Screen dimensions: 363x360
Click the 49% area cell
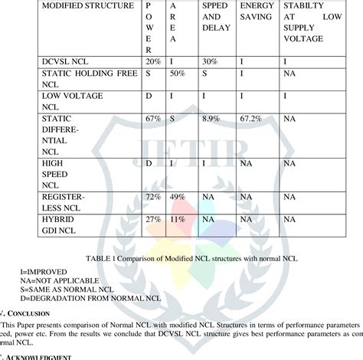click(178, 198)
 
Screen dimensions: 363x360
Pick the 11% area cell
click(178, 220)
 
